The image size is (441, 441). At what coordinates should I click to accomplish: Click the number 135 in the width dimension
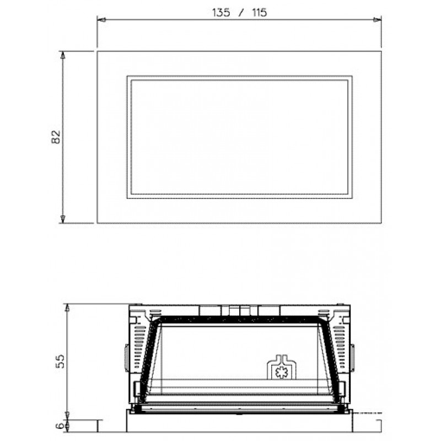[x=221, y=13]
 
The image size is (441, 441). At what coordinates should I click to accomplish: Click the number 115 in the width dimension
[x=259, y=13]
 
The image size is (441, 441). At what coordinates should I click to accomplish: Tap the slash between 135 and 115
[x=241, y=13]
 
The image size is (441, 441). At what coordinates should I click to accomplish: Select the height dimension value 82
[x=56, y=137]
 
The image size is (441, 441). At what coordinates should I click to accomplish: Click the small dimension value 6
[x=60, y=426]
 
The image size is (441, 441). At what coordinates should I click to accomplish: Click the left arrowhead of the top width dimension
[x=102, y=20]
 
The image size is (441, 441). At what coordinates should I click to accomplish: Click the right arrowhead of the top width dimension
[x=377, y=20]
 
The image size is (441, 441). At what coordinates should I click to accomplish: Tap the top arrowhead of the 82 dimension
[x=63, y=56]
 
